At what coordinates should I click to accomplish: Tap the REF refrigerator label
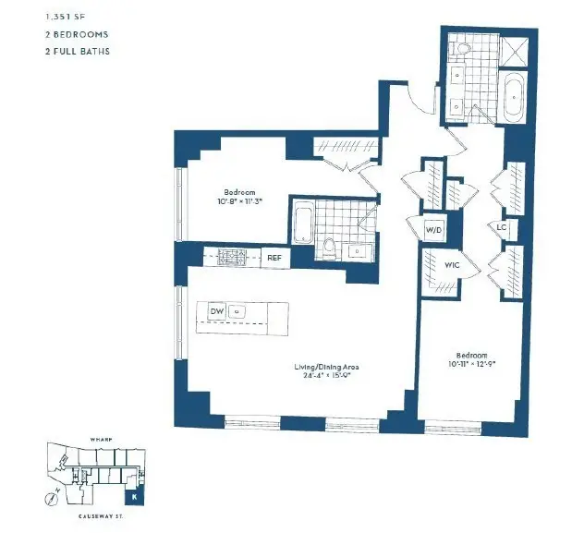point(274,258)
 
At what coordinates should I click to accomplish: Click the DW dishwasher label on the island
point(216,312)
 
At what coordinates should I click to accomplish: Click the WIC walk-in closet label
point(452,265)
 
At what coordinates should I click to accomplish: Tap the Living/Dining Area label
point(326,367)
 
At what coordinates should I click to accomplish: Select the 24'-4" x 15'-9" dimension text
point(326,376)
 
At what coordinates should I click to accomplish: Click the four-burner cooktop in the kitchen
point(228,258)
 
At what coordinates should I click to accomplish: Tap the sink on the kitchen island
point(237,312)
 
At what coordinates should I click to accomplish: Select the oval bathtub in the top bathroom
point(514,95)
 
